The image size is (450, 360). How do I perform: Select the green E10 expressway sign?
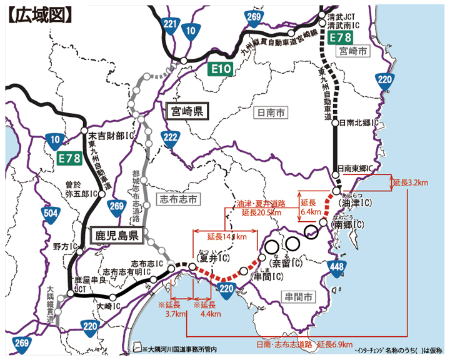(x=222, y=68)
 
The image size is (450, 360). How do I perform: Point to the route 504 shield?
(x=52, y=214)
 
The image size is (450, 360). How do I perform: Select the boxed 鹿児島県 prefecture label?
(x=117, y=236)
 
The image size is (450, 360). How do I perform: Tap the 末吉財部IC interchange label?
(x=112, y=134)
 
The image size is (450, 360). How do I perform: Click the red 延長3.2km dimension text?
(x=410, y=182)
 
